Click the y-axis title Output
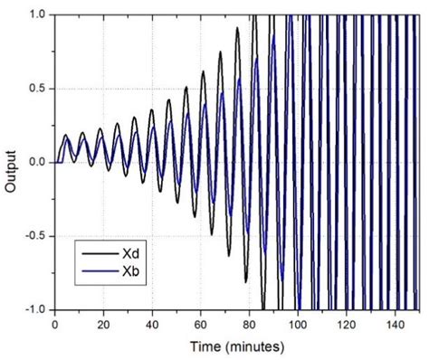pos(12,162)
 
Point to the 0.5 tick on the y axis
pos(37,89)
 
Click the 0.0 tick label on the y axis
pos(37,162)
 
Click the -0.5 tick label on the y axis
pos(34,235)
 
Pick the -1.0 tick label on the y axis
pos(34,309)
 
